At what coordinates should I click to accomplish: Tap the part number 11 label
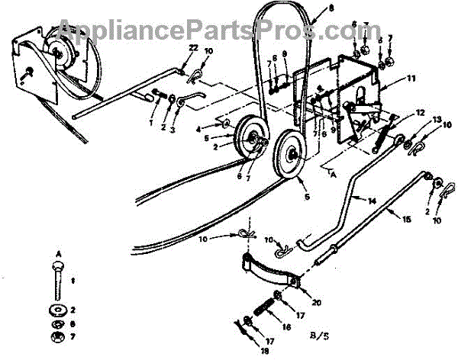click(411, 79)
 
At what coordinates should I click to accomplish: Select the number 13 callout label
click(437, 120)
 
